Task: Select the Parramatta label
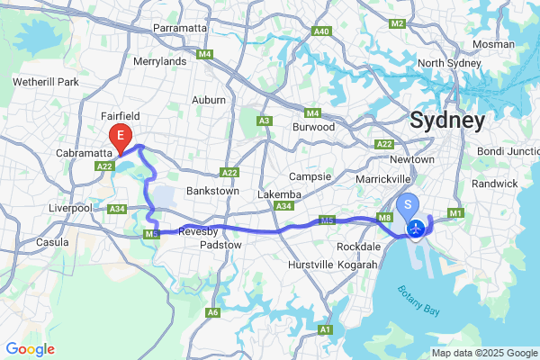click(180, 28)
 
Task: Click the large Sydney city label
click(447, 120)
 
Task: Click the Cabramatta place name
click(83, 153)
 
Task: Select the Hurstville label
click(311, 265)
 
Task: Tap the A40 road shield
click(321, 31)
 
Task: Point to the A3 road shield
click(265, 120)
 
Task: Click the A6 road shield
click(213, 312)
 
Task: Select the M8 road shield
click(384, 217)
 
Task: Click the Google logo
click(31, 349)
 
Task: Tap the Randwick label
click(495, 184)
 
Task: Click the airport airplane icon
click(417, 230)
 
